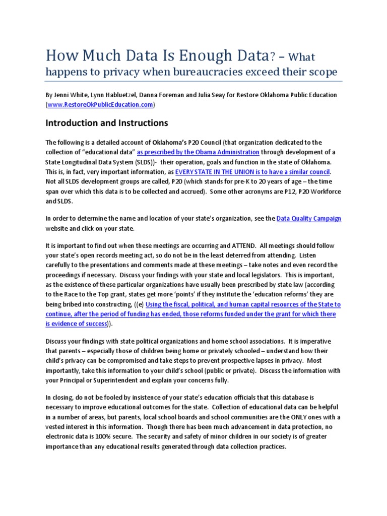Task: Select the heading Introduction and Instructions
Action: tap(107, 123)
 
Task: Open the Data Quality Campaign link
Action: tap(309, 218)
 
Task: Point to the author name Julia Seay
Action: tap(212, 95)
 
